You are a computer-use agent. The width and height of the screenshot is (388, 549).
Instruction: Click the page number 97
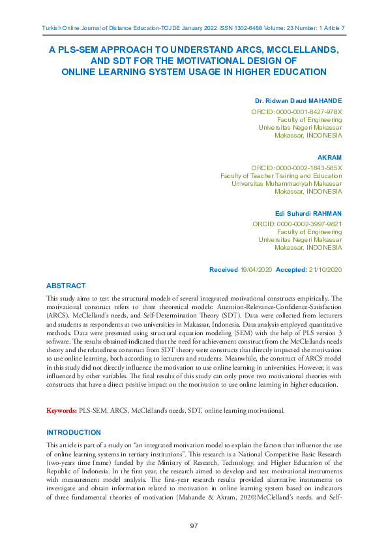click(194, 526)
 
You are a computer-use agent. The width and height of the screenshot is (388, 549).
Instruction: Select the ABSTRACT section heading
click(65, 286)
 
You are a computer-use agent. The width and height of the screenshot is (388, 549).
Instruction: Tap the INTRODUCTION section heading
click(73, 432)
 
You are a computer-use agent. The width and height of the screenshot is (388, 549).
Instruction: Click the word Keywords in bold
click(61, 411)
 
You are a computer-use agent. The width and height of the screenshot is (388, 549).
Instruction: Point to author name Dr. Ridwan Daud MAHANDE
click(298, 101)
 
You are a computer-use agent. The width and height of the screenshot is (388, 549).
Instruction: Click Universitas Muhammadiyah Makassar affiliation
click(286, 184)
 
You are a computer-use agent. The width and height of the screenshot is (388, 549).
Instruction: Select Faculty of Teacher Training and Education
click(281, 176)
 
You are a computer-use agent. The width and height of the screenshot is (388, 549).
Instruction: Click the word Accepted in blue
click(291, 269)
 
